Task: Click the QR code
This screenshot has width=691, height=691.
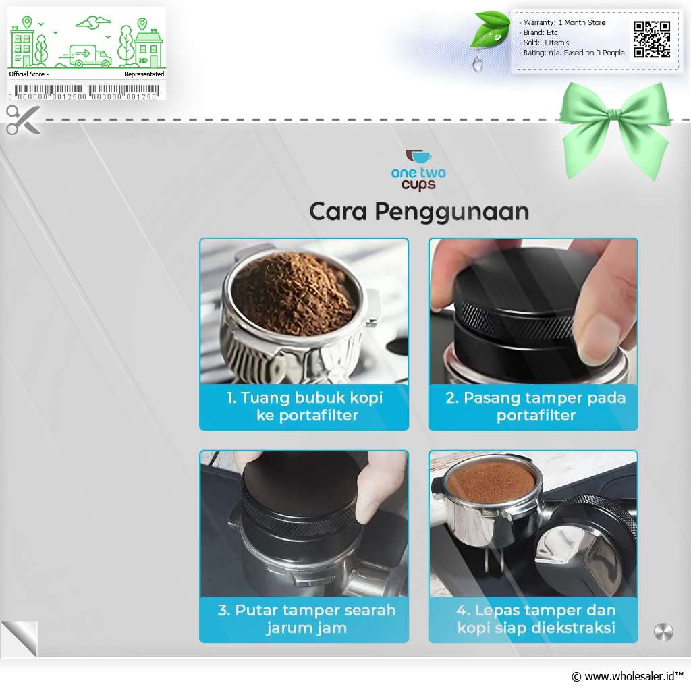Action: [x=652, y=39]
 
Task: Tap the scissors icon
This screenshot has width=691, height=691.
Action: [x=23, y=119]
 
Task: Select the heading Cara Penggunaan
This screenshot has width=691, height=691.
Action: [x=418, y=212]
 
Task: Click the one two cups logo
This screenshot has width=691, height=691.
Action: [x=418, y=170]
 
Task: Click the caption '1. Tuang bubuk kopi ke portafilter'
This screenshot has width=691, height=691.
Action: [x=304, y=406]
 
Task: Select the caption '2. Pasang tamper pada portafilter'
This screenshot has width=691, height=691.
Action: [x=535, y=406]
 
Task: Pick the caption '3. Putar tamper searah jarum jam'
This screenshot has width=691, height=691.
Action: [x=306, y=619]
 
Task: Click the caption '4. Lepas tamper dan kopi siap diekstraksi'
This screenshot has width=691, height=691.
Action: [x=536, y=619]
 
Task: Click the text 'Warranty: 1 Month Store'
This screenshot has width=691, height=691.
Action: [x=565, y=22]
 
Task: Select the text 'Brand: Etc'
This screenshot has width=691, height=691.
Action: [x=541, y=32]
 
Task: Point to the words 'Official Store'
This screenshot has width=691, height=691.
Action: [x=27, y=74]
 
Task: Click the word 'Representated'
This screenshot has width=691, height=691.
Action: [x=144, y=74]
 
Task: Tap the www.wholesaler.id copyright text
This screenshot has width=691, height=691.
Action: [x=628, y=676]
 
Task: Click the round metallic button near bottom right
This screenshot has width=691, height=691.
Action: [x=663, y=632]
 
